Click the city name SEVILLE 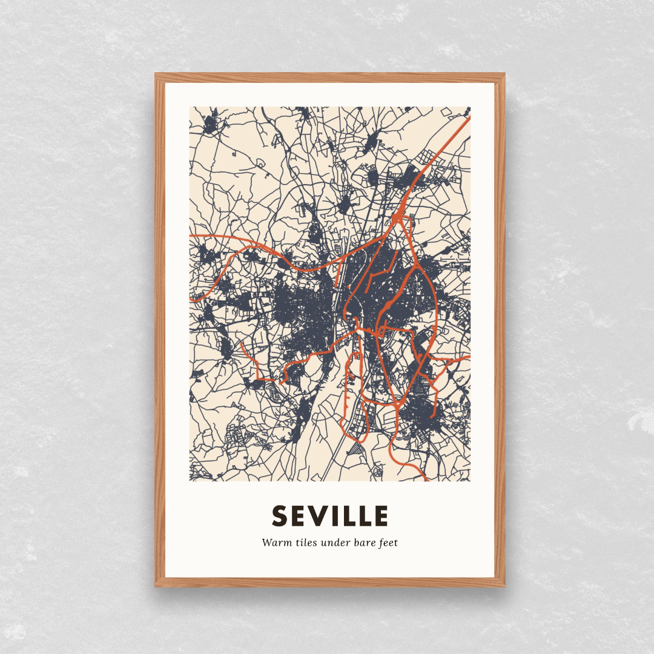[330, 516]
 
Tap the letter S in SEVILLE [279, 516]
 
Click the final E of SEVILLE [380, 516]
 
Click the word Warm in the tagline [274, 543]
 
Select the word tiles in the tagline [302, 543]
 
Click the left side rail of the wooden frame [160, 330]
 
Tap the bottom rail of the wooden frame [330, 582]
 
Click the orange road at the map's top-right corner [466, 119]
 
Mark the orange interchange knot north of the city [397, 216]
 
